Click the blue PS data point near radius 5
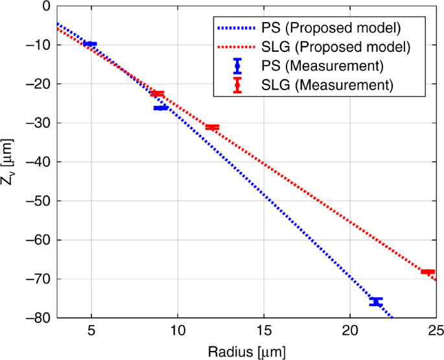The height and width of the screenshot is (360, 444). point(90,43)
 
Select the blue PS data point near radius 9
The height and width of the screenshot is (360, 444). point(160,108)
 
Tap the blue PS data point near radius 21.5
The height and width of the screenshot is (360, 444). point(376,302)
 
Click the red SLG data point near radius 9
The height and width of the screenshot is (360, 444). point(158,93)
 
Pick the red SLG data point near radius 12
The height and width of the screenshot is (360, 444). point(212,127)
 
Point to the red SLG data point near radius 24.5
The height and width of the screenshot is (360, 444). point(427,272)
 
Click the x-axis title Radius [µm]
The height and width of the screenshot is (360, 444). point(246,351)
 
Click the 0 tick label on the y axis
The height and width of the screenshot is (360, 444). point(45,6)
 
